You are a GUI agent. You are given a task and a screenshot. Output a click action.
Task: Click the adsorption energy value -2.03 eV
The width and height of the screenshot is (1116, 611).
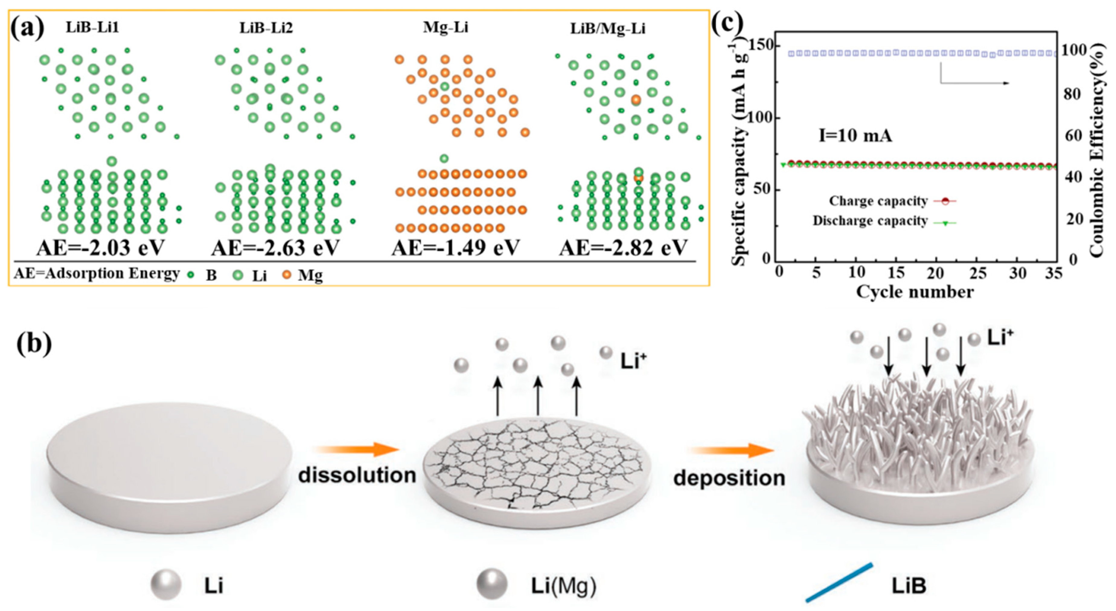point(101,247)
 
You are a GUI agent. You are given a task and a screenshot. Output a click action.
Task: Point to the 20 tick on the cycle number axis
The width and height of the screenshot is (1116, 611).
point(935,273)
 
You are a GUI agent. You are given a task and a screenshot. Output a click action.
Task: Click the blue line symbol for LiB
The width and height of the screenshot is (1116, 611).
point(839,582)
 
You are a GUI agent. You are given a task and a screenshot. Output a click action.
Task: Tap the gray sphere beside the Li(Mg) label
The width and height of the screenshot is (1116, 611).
point(491,584)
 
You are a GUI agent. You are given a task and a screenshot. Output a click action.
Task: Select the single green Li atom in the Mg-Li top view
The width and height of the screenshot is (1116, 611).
point(444,86)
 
